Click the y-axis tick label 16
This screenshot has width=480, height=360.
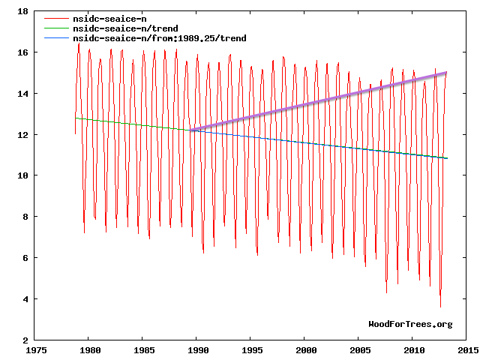pos(22,52)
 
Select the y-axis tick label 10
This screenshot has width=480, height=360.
pos(22,175)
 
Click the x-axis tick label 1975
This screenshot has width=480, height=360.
pos(35,350)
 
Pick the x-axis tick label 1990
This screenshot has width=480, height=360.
pos(197,350)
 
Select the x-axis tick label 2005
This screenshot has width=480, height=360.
pos(359,350)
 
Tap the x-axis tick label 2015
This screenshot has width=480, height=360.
pos(467,350)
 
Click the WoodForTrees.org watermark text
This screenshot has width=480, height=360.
pos(410,324)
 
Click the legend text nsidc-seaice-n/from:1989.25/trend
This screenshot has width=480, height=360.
pos(158,38)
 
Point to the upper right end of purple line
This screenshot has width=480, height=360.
pos(446,73)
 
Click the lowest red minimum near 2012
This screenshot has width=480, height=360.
pos(440,306)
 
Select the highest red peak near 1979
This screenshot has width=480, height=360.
pos(79,43)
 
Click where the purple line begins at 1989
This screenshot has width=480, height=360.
pos(191,130)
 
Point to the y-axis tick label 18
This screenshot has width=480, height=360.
pos(22,12)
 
